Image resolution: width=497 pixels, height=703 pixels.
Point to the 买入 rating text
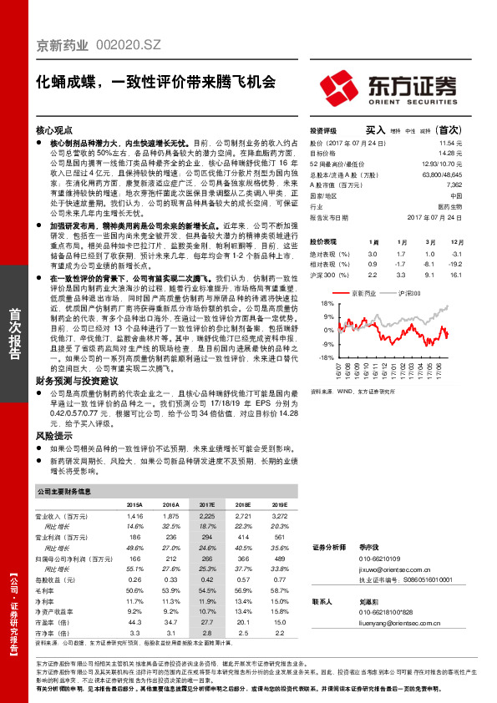pos(375,131)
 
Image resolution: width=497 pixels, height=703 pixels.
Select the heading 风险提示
pos(52,435)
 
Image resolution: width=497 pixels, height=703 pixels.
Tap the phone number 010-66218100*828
pos(385,611)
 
